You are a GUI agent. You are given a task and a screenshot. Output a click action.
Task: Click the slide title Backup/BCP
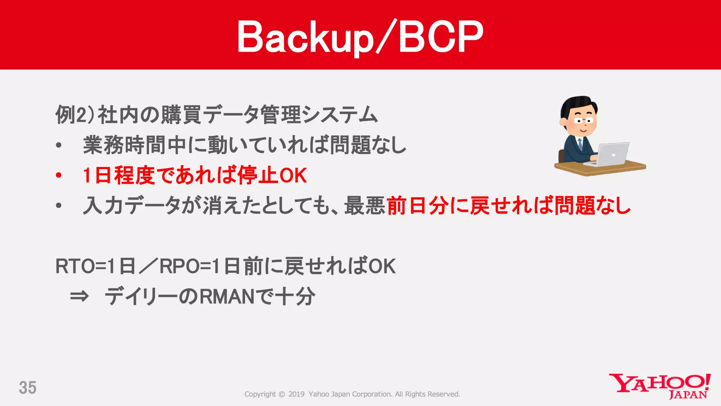click(x=360, y=37)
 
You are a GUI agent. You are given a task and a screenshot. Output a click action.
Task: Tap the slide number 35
click(x=27, y=388)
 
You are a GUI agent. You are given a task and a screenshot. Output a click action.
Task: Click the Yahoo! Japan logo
click(x=660, y=386)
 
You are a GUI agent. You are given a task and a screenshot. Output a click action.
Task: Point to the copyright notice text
click(x=352, y=394)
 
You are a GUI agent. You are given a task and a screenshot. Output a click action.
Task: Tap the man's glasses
click(x=583, y=121)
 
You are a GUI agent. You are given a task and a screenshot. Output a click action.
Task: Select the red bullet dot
click(x=59, y=175)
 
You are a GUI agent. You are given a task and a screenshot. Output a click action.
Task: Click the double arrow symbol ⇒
click(x=79, y=296)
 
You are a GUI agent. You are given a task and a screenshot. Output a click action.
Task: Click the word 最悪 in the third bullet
click(x=365, y=205)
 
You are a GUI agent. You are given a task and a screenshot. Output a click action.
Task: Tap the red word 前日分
click(x=418, y=205)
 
